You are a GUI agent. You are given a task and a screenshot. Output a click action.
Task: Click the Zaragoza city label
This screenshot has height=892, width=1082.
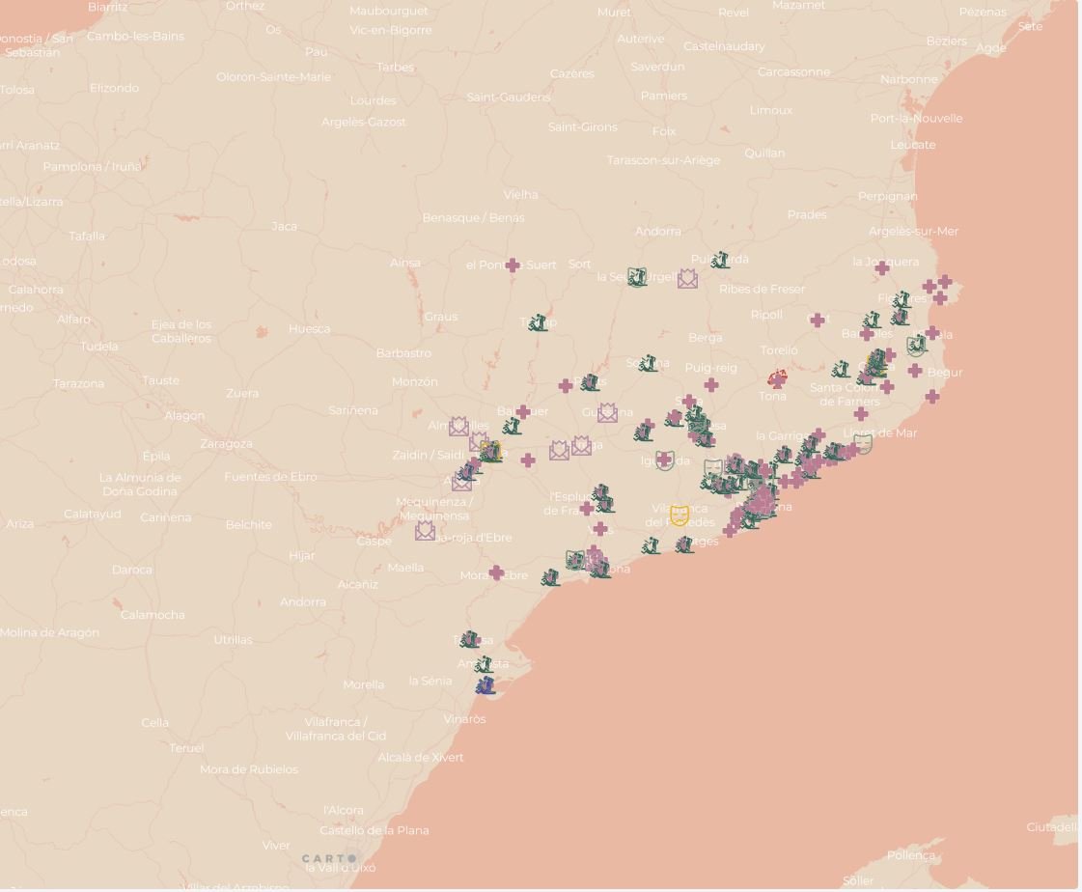click(x=226, y=444)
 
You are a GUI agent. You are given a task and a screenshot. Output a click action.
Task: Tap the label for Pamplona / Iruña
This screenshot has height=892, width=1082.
click(x=92, y=166)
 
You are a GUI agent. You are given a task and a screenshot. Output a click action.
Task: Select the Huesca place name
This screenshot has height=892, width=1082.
click(x=309, y=329)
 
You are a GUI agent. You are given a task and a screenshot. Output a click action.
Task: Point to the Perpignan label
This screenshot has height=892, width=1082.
click(x=887, y=196)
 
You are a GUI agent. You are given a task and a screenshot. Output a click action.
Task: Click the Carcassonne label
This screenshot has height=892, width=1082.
click(x=793, y=72)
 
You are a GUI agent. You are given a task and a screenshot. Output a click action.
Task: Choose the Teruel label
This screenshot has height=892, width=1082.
click(x=186, y=748)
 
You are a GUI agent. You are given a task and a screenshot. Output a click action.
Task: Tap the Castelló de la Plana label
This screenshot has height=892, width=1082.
click(x=374, y=830)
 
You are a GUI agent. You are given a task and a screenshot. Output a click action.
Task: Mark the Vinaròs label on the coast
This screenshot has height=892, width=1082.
click(x=464, y=719)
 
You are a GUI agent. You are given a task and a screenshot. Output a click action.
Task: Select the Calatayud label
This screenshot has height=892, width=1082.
click(x=93, y=515)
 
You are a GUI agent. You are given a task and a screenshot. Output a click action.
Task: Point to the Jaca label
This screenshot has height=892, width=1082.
click(x=284, y=227)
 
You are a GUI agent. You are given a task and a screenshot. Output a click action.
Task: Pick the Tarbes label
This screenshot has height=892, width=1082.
click(x=395, y=68)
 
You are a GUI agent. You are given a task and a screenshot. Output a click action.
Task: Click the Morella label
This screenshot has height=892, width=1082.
click(x=363, y=685)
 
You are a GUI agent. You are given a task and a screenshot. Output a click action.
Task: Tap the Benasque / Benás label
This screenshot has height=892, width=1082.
click(x=473, y=218)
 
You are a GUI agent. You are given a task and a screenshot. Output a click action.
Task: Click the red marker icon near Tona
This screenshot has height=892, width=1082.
click(x=777, y=377)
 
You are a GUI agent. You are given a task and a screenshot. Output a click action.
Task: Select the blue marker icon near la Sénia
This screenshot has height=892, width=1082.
click(x=486, y=685)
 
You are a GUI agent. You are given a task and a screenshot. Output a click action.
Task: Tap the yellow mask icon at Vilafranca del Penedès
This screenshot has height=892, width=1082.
click(x=680, y=515)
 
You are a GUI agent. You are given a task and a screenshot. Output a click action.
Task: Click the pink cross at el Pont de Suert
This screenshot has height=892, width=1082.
click(x=513, y=265)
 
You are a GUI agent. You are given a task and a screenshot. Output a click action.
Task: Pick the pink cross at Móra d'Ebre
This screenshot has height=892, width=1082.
click(x=496, y=573)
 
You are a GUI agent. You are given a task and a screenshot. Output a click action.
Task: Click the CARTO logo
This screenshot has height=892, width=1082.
click(x=328, y=858)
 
